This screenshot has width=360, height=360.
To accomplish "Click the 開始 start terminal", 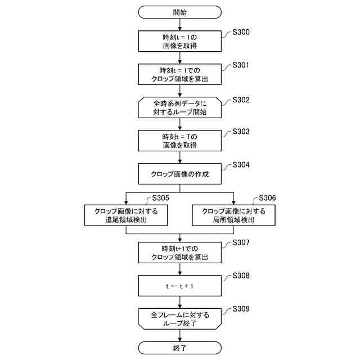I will pyautogui.click(x=179, y=12).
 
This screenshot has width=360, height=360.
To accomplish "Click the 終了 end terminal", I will pyautogui.click(x=179, y=348).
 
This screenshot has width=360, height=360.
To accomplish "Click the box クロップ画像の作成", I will pyautogui.click(x=179, y=174).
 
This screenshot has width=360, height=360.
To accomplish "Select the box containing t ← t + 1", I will pyautogui.click(x=179, y=285).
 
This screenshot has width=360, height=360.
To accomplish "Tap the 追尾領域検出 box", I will pyautogui.click(x=126, y=215).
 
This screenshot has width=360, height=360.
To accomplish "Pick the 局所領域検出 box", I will pyautogui.click(x=233, y=215).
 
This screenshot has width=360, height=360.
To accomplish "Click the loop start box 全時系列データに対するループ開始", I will pyautogui.click(x=179, y=107).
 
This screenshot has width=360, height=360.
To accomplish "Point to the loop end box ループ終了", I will pyautogui.click(x=179, y=318).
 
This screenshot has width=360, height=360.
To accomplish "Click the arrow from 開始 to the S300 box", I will pyautogui.click(x=179, y=24).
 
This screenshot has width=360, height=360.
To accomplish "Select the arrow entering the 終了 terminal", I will pyautogui.click(x=179, y=336).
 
